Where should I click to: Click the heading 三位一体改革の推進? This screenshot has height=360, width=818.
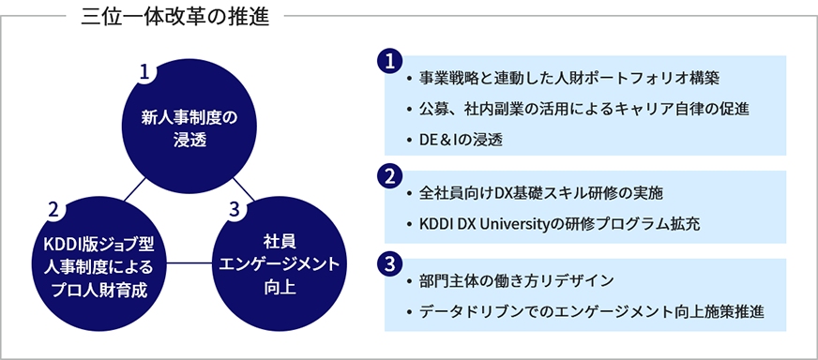tap(175, 17)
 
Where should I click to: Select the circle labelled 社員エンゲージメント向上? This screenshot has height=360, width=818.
tap(280, 264)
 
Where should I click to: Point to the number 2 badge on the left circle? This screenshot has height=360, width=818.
tap(53, 210)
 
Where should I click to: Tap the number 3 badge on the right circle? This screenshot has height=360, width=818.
tap(234, 210)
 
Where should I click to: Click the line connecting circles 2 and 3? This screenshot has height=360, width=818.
tap(189, 262)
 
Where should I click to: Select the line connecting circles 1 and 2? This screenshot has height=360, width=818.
tap(135, 189)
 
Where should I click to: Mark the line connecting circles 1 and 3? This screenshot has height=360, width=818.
tap(244, 188)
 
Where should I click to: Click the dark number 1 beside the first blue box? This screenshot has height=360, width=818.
tap(388, 62)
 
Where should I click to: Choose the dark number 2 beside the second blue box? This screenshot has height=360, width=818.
tap(388, 176)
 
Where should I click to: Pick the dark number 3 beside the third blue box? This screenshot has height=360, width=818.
tap(388, 264)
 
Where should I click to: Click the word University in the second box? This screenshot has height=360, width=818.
tap(503, 224)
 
